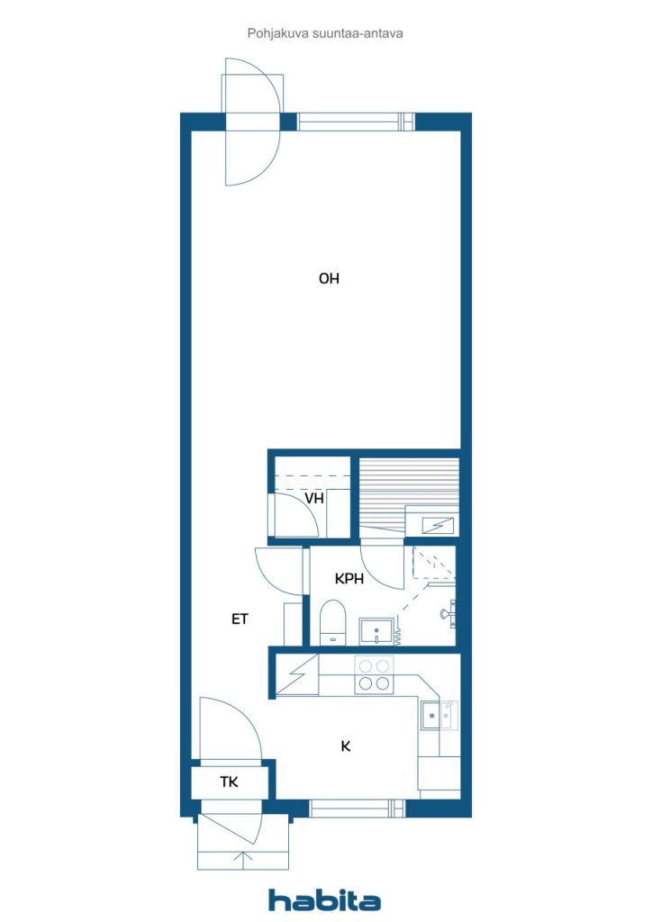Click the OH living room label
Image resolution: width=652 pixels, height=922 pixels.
click(329, 278)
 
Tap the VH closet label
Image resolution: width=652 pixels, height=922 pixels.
click(314, 499)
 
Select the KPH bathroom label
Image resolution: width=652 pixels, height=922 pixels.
click(349, 579)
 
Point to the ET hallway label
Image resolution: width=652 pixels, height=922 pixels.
click(240, 619)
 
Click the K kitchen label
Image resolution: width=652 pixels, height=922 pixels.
click(346, 746)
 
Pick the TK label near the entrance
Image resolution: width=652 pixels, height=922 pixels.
click(230, 782)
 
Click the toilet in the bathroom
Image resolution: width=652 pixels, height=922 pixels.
click(332, 622)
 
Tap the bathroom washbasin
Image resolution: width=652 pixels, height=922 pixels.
click(376, 631)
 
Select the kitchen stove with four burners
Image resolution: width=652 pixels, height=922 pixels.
click(375, 674)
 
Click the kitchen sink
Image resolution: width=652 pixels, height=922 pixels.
click(439, 715)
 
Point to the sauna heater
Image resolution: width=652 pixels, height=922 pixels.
click(438, 525)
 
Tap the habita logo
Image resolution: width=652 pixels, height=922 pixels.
click(324, 900)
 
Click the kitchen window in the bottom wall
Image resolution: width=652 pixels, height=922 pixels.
click(357, 809)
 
